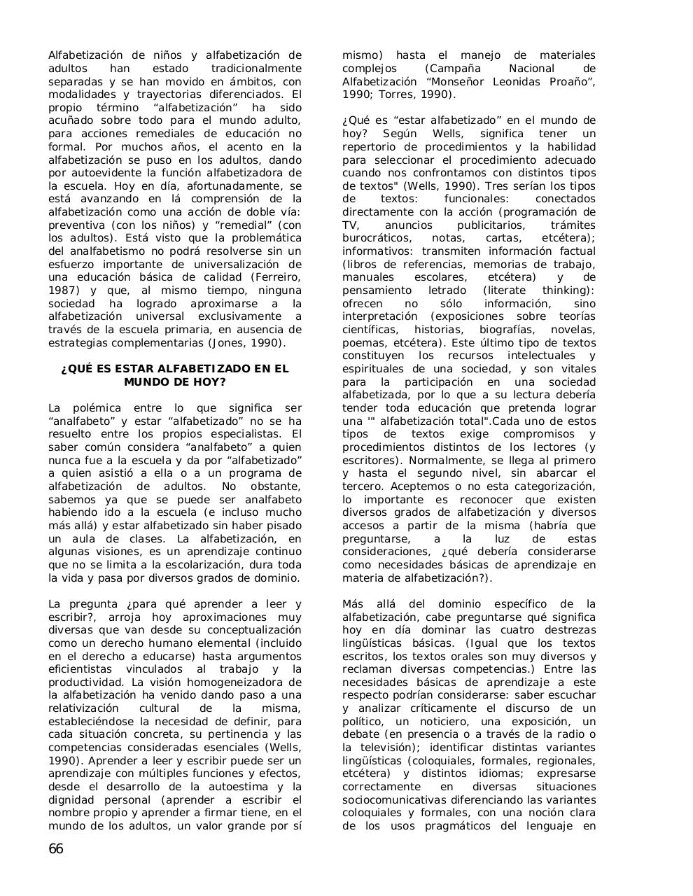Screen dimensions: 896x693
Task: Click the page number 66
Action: coord(56,850)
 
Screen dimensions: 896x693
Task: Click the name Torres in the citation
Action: coord(400,94)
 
